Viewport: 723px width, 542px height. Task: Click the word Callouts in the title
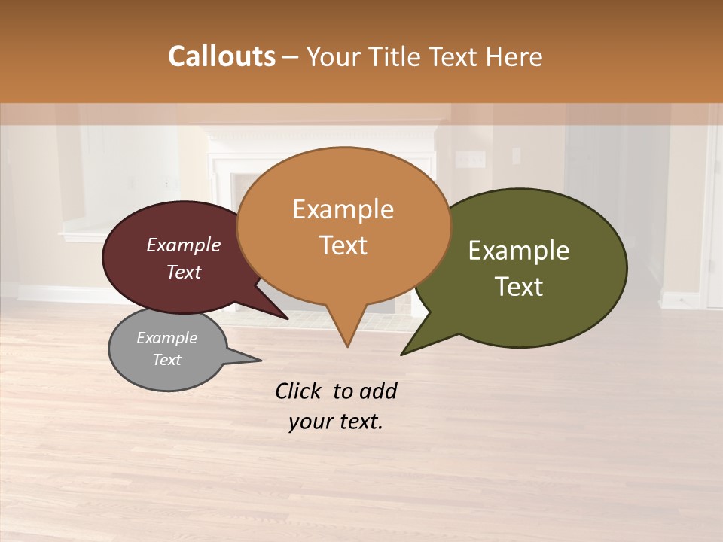221,56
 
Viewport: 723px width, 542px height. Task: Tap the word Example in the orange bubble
343,209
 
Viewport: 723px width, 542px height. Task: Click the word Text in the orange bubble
343,245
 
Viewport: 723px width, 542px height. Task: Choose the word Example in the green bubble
519,251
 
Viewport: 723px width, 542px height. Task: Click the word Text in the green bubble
519,287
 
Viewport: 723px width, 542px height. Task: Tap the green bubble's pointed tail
407,351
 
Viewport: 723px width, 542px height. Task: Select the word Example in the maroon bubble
184,245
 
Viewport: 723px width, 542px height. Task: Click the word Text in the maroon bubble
184,272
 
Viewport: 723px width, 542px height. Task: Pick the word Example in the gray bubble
166,338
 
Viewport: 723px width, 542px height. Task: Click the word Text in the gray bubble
166,360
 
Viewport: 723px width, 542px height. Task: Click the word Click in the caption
298,391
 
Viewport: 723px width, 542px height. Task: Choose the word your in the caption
309,422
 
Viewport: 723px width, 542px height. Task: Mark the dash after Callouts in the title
291,57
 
